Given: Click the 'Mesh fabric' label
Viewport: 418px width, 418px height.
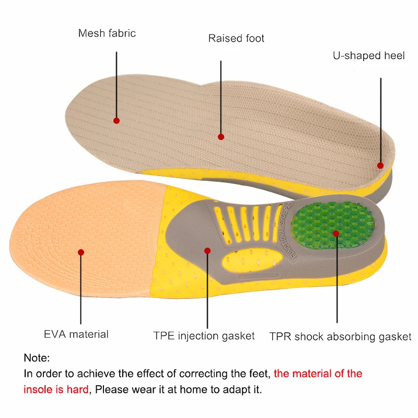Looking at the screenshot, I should click(107, 33).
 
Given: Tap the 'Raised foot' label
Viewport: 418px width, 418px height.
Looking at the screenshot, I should click(236, 38).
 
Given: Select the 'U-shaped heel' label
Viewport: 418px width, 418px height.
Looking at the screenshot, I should click(369, 55).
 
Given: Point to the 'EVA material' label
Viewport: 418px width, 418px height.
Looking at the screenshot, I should click(76, 334).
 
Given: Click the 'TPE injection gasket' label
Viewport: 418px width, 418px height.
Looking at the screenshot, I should click(204, 335).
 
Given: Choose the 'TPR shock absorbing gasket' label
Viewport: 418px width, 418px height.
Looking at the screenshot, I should click(340, 336).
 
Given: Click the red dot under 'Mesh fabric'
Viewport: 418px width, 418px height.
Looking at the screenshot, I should click(117, 120).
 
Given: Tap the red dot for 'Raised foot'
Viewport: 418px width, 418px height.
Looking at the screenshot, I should click(221, 136).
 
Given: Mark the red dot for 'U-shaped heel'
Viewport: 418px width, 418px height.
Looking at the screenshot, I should click(381, 165).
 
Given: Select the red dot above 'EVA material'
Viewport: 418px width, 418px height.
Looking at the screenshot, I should click(81, 252).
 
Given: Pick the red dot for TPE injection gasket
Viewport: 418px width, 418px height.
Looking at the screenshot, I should click(207, 251).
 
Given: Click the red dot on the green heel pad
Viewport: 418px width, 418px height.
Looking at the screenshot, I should click(336, 234).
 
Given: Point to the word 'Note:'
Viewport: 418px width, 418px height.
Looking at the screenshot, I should click(37, 358).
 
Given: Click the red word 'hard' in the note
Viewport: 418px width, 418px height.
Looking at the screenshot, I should click(77, 389).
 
